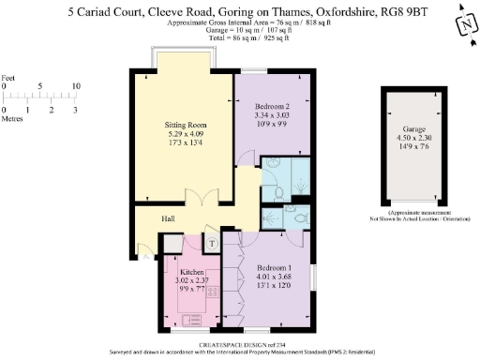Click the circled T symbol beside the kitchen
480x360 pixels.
tap(212, 243)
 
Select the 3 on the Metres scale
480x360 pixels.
tap(76, 111)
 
